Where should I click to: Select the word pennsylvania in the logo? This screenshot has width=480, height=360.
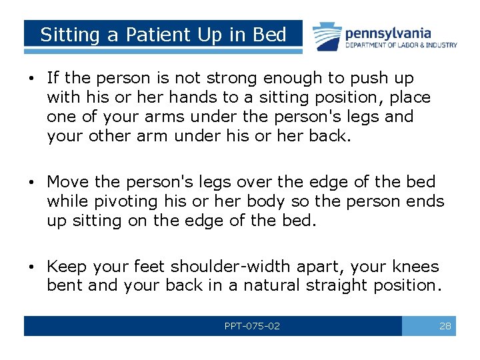(387, 33)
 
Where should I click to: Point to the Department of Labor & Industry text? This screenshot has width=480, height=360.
(401, 45)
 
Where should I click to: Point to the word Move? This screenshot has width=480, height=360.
(67, 182)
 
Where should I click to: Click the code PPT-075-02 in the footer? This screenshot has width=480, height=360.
(252, 326)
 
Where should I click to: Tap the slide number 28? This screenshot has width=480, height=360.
(445, 326)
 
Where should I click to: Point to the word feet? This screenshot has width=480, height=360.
(148, 267)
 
